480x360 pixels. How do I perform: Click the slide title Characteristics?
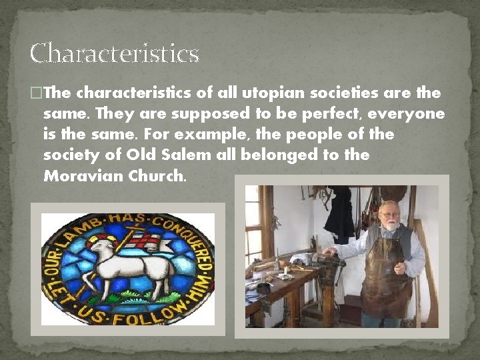[x=114, y=53]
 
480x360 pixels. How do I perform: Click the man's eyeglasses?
[x=389, y=215]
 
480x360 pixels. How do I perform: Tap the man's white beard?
[x=390, y=227]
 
